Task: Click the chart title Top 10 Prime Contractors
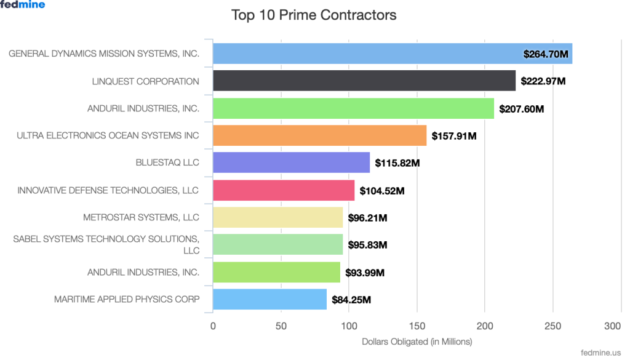point(314,15)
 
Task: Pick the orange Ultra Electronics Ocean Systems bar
point(319,135)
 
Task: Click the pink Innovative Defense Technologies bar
point(284,190)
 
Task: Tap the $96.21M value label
point(367,218)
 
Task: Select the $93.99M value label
point(365,273)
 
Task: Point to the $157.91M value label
point(454,136)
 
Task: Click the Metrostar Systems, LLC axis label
point(141,217)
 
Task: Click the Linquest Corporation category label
point(145,81)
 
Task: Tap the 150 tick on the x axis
point(417,326)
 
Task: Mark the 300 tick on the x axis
point(612,326)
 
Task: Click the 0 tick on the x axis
point(213,326)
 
